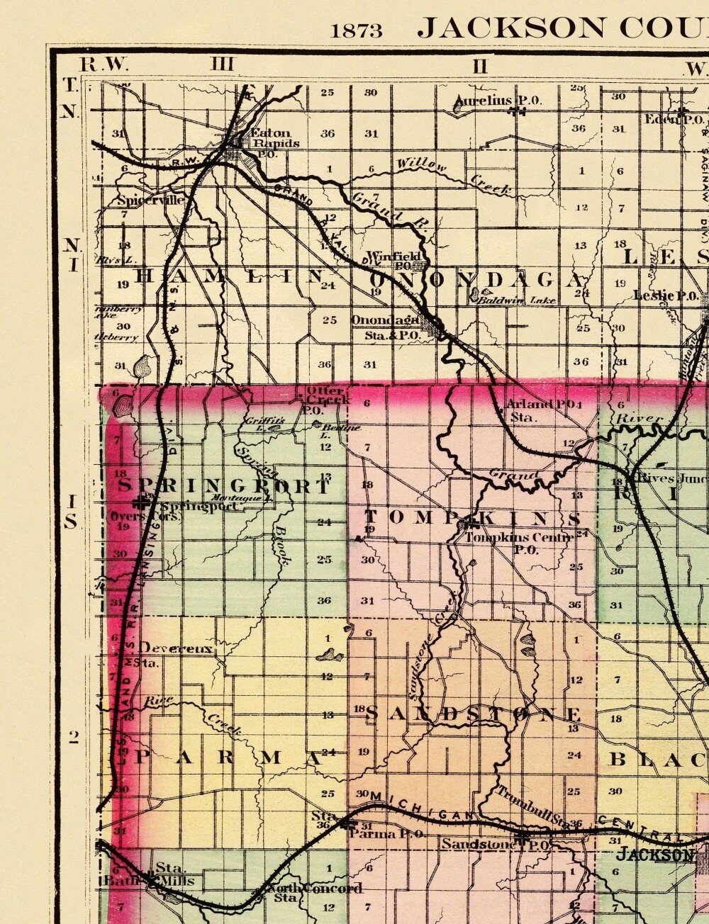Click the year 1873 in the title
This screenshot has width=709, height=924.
pos(356,30)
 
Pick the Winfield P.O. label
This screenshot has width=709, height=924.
pos(394,260)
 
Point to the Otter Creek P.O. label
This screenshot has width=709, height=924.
pos(325,400)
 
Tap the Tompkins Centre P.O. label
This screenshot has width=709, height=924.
pos(518,542)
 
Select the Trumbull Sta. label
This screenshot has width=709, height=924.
pos(532,804)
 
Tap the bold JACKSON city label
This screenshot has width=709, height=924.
pos(654,855)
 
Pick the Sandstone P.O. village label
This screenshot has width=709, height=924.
pos(494,845)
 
